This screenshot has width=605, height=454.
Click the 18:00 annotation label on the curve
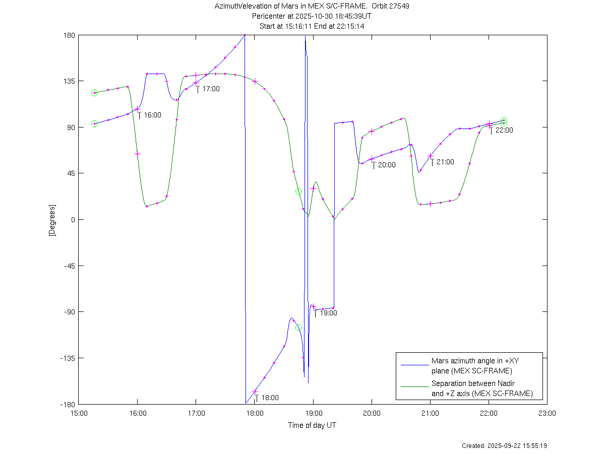(270, 398)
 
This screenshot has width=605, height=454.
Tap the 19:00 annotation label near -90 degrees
(328, 313)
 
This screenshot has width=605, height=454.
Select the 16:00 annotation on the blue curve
(152, 115)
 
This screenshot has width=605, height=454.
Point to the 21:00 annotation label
(445, 162)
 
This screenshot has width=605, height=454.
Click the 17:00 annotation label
(211, 89)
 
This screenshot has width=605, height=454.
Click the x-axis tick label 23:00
(547, 413)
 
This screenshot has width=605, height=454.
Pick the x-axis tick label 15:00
(78, 413)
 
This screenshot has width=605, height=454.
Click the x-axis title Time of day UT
(312, 425)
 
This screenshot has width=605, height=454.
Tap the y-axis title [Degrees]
(52, 220)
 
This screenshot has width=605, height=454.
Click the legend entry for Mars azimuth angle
(471, 366)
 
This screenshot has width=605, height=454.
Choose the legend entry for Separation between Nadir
(481, 388)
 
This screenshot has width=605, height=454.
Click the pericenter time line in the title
(312, 16)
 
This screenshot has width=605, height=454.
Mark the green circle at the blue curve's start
(94, 123)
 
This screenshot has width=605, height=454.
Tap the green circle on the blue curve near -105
(299, 328)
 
